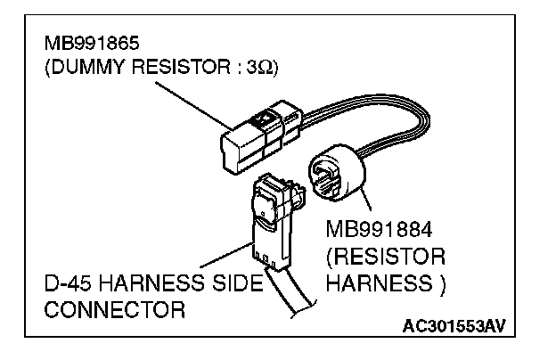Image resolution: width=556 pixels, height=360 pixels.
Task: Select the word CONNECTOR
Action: (x=113, y=311)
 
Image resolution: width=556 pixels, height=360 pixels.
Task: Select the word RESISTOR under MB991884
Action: (x=385, y=257)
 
